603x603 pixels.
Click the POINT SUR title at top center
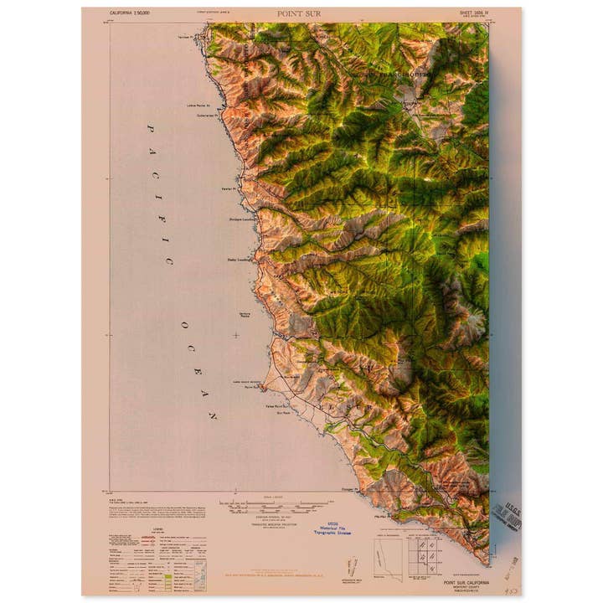pyautogui.click(x=298, y=14)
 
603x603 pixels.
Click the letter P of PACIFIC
pyautogui.click(x=152, y=130)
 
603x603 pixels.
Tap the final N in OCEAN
pyautogui.click(x=214, y=415)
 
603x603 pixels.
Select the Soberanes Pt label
pyautogui.click(x=207, y=116)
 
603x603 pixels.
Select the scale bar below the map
pyautogui.click(x=266, y=506)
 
